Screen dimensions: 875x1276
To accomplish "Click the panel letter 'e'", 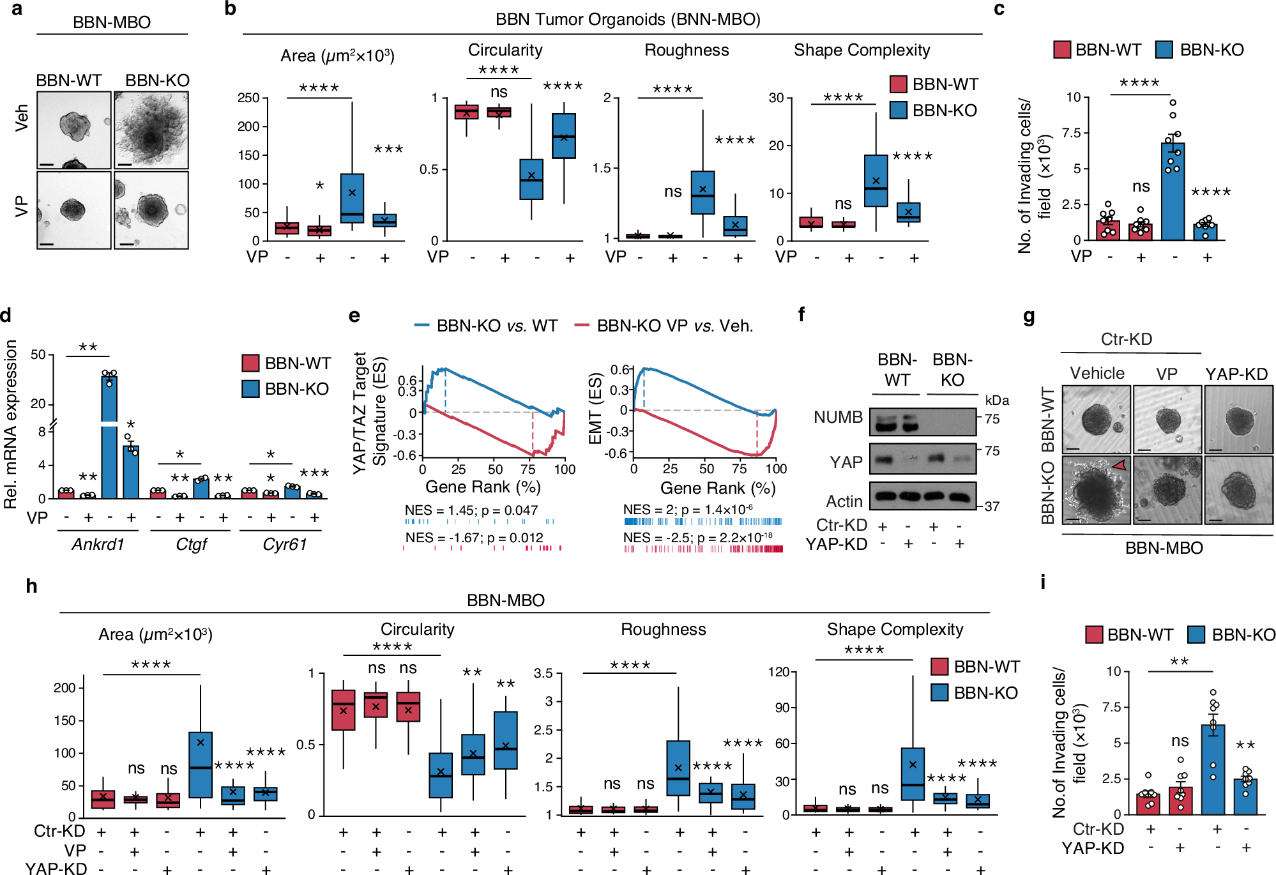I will point(354,316).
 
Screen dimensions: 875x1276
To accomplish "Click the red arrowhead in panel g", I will point(1119,466).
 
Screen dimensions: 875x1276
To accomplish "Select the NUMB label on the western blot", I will point(838,417).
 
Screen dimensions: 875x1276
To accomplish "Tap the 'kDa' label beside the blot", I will point(997,400).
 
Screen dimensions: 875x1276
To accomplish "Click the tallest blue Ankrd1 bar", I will point(109,434).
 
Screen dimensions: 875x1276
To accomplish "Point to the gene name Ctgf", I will point(191,544).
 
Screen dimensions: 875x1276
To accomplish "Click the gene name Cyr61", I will point(285,544).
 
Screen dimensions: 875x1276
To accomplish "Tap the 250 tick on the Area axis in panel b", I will point(248,98).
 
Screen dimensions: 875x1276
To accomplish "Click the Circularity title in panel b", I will point(505,50).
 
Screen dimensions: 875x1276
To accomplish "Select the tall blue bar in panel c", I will point(1173,192).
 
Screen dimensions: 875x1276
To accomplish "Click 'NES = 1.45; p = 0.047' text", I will point(471,510).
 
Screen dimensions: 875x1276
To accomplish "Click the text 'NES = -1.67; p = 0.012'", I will point(474,538).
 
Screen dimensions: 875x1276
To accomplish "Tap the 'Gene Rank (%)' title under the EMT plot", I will point(718,489).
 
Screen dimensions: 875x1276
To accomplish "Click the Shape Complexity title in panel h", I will point(895,629).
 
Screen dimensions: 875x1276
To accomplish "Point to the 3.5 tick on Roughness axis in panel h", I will point(543,673).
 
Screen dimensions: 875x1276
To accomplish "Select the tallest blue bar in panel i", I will point(1213,770).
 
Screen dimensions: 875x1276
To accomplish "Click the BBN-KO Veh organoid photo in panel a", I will point(151,130).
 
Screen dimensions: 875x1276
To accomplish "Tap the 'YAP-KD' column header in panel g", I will point(1236,374).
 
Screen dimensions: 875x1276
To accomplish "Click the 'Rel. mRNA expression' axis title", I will point(10,424).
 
